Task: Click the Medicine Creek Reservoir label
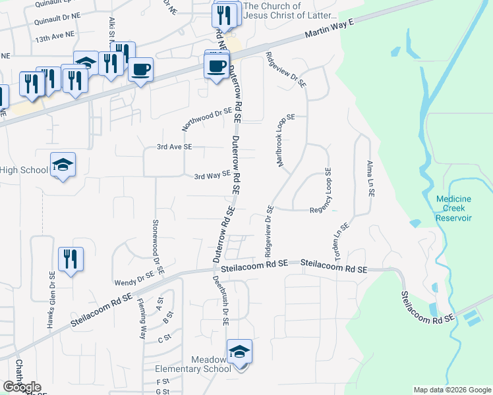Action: pos(454,208)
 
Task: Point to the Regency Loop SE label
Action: pos(328,190)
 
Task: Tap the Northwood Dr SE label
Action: pos(208,119)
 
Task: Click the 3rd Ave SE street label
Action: pos(174,147)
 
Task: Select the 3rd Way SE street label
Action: pos(212,175)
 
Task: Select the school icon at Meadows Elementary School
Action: pos(239,352)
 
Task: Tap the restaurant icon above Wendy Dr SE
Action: pos(71,258)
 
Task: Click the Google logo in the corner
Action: pos(22,387)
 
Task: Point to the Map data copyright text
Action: pos(452,390)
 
